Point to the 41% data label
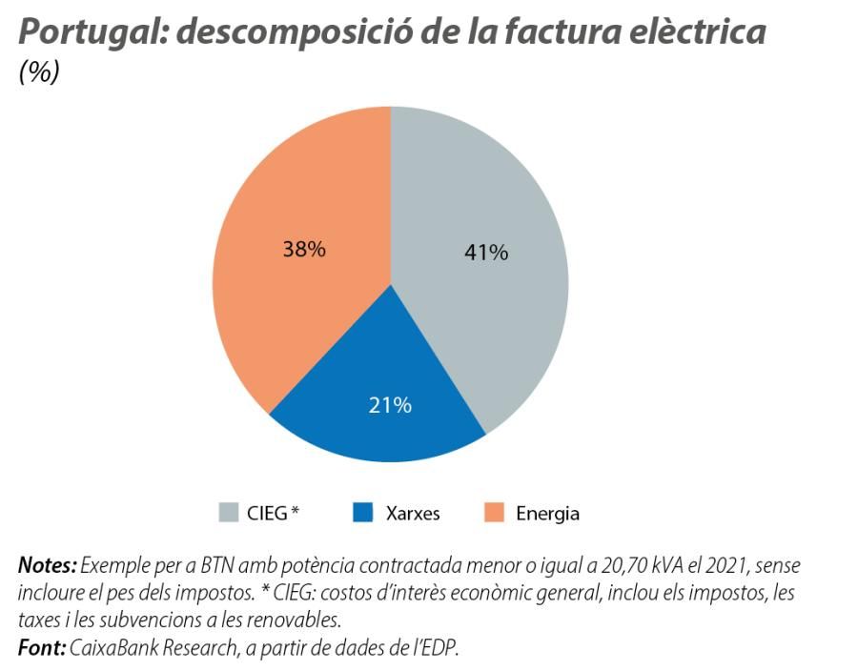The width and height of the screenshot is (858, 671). point(486,253)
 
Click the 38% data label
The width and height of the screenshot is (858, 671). point(304,250)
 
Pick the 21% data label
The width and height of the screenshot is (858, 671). point(390,405)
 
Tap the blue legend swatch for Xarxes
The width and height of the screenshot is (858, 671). point(361,513)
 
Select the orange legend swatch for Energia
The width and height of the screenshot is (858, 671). point(493,513)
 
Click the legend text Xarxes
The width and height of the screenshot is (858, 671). point(413,514)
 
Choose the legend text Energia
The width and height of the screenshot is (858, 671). point(547,514)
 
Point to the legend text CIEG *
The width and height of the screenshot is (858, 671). point(273,514)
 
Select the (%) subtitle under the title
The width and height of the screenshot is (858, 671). point(39,73)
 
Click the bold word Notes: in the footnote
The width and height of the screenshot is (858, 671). point(47,566)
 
